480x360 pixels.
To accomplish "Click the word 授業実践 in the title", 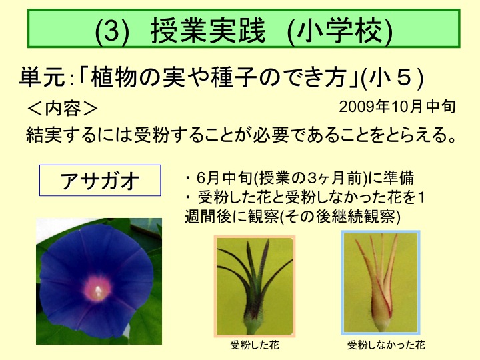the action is coord(208,30).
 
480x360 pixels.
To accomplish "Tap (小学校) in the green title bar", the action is coord(340,31).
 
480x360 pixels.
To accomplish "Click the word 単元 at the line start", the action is coord(42,77).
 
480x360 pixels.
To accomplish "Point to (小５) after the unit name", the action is coord(393,78).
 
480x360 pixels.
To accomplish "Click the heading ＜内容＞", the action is coord(63,109).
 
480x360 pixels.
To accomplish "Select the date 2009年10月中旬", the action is coord(397,107).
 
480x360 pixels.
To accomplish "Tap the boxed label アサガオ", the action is coord(100,180).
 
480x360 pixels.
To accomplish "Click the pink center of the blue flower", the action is coord(97,288).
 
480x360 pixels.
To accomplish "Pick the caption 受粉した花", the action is coord(255,345).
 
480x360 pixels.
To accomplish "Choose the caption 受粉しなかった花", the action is coord(386,345).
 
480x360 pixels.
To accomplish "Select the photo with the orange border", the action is coord(255,287).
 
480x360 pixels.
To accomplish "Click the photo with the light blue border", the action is coord(381,283).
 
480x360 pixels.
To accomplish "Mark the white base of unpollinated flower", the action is coord(381,325).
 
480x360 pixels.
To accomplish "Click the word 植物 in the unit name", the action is coord(114,77).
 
